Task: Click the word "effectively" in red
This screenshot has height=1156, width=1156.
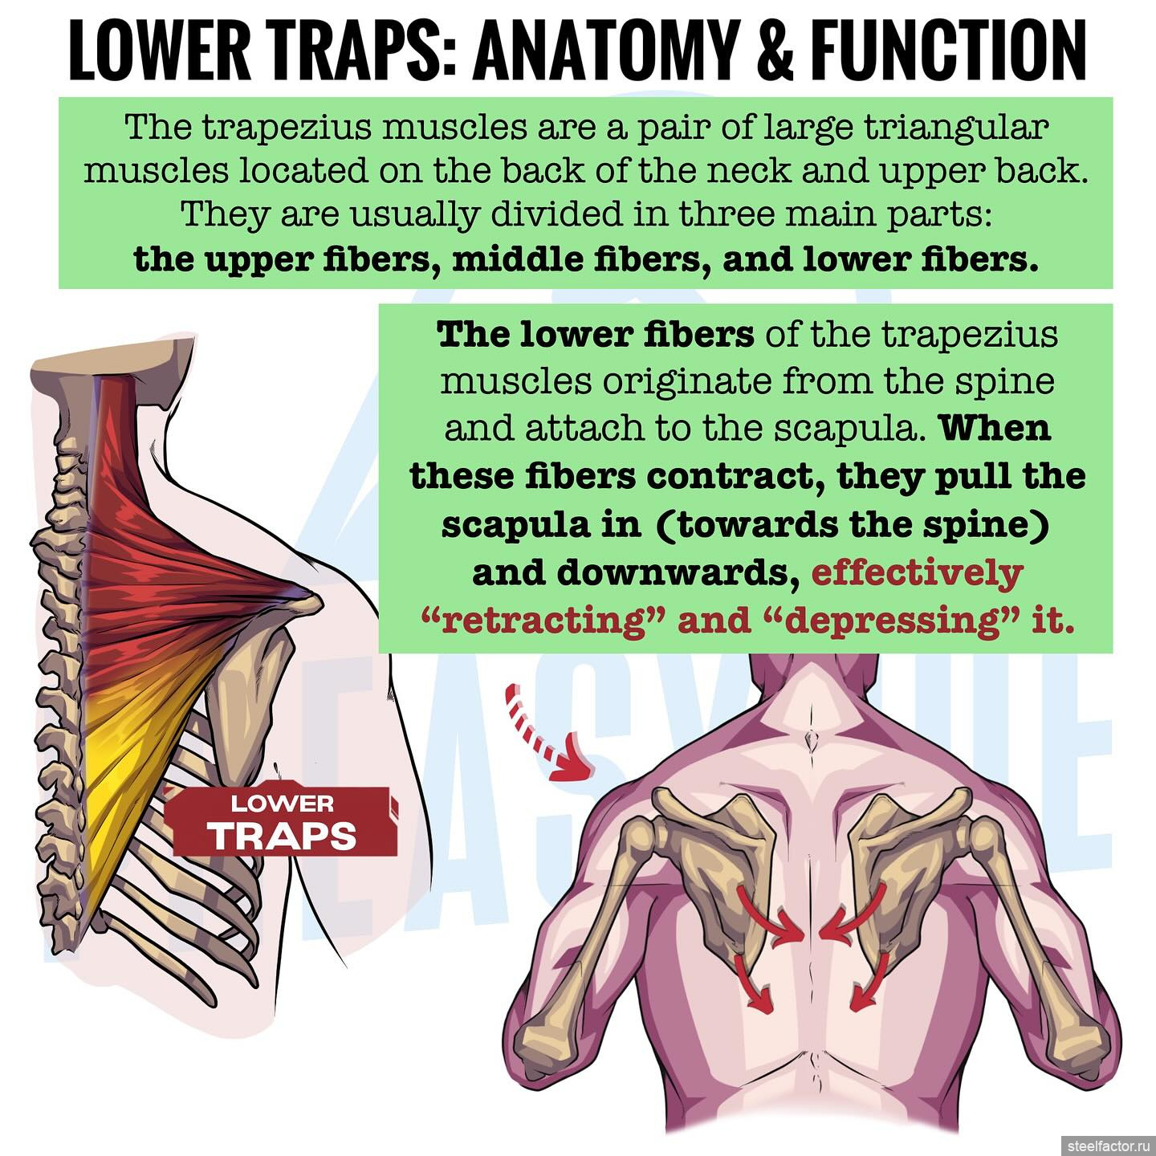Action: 918,573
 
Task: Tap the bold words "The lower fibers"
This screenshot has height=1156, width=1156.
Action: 596,335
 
